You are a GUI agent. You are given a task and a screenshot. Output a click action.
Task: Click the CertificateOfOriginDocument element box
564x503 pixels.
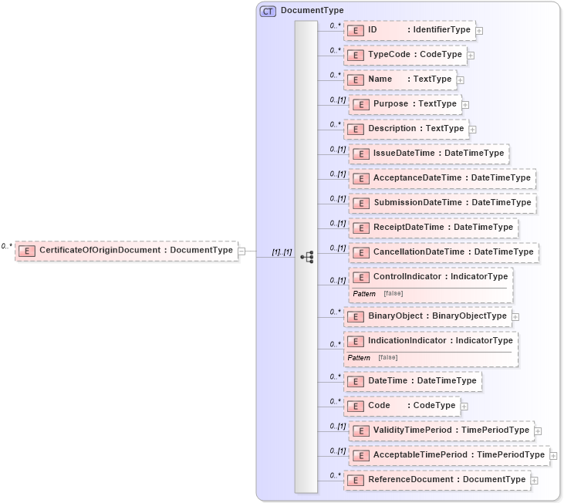[x=127, y=251]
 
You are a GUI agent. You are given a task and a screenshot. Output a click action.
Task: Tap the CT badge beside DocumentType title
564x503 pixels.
[x=268, y=11]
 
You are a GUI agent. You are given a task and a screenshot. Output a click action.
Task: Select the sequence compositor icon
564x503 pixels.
[x=306, y=257]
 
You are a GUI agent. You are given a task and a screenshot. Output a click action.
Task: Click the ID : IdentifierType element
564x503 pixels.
[x=409, y=30]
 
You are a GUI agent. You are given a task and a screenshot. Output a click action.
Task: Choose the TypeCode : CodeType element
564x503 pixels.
[x=404, y=55]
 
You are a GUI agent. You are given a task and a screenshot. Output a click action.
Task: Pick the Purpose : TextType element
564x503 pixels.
[x=404, y=104]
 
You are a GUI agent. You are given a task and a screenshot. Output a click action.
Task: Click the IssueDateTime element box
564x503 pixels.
[x=428, y=154]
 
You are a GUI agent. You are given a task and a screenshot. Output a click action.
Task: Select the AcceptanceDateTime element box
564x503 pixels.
[x=441, y=178]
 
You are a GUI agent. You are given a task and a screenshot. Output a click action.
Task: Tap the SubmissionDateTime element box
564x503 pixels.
[x=441, y=203]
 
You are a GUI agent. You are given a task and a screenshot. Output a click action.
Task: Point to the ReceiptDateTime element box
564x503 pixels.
[x=432, y=228]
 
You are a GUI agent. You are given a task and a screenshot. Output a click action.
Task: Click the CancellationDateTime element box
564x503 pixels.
[x=442, y=252]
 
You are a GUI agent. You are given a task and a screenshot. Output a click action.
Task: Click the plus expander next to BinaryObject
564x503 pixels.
[x=515, y=316]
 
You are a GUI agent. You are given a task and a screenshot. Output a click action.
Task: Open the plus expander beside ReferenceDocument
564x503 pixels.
[x=534, y=481]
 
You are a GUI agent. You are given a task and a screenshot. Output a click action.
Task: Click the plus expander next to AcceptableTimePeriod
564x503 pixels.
[x=553, y=456]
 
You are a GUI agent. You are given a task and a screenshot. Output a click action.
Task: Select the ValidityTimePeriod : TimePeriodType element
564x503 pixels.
[x=441, y=430]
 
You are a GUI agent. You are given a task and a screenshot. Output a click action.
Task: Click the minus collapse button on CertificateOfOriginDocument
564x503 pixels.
[x=241, y=251]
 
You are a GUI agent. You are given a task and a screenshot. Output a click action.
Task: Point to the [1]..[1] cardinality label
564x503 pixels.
[x=282, y=252]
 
